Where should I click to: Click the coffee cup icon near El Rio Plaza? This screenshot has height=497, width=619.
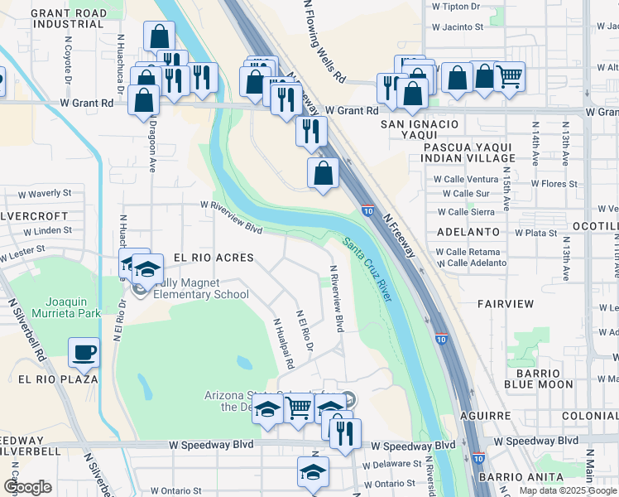pos(84,352)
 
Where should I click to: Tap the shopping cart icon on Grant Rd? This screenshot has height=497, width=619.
pos(509,77)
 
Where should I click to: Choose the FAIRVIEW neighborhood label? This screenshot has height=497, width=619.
pos(506,304)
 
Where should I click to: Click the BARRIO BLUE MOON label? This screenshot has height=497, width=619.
pos(539,378)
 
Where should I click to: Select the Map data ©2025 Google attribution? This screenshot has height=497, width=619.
pos(568,490)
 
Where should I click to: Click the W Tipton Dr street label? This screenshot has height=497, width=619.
pos(455,6)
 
